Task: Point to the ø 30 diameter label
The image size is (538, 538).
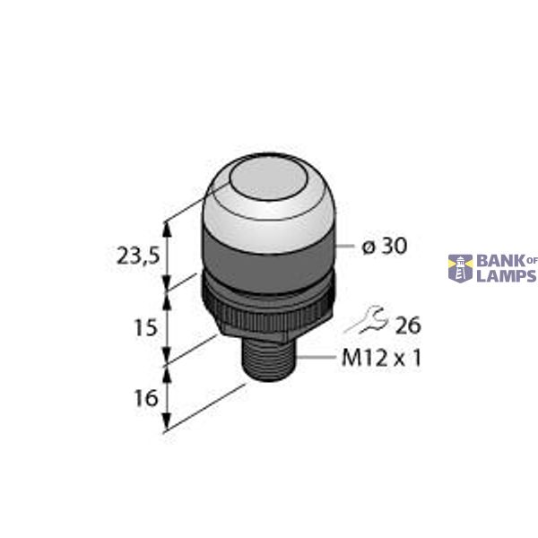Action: (384, 247)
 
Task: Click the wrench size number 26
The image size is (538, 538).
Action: (408, 325)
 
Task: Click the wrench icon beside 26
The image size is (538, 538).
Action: (365, 318)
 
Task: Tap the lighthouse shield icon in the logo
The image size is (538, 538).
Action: (460, 267)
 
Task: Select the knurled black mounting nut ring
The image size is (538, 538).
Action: (266, 302)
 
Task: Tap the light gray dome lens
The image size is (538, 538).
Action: (265, 215)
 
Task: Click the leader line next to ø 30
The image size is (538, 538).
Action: (343, 246)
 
